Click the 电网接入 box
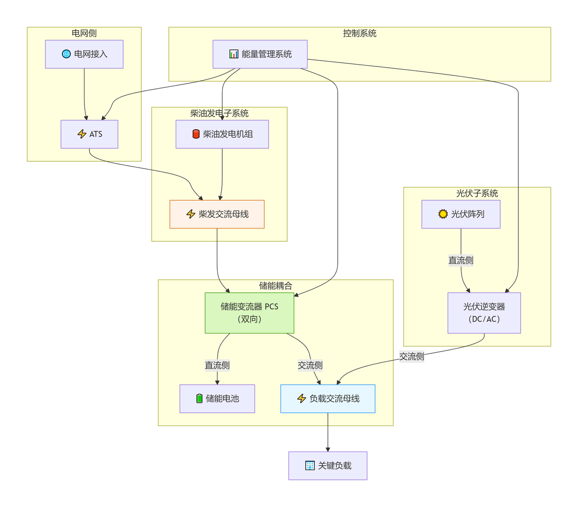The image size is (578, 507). tap(84, 54)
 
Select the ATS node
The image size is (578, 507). tap(89, 134)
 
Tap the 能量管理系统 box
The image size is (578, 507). tap(260, 54)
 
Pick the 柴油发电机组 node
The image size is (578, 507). tap(222, 134)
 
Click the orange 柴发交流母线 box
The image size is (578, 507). tap(217, 214)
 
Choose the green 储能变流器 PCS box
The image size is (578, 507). tap(249, 313)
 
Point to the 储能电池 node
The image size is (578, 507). tap(217, 399)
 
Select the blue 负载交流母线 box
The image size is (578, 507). tap(328, 399)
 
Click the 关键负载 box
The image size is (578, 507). tap(328, 465)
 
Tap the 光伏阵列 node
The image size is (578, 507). tap(461, 214)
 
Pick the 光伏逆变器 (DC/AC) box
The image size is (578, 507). tap(484, 313)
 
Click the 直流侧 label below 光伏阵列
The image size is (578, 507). tap(461, 260)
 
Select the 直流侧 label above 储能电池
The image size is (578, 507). tap(217, 365)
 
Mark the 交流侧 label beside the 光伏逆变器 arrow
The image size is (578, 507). tap(412, 357)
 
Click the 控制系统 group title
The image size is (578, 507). tap(359, 33)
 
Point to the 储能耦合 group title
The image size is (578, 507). tap(275, 286)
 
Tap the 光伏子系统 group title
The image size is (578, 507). tap(477, 193)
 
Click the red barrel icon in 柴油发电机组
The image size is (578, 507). tap(196, 134)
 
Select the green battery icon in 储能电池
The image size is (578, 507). tap(199, 398)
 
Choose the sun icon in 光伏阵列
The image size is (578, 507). tap(443, 214)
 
